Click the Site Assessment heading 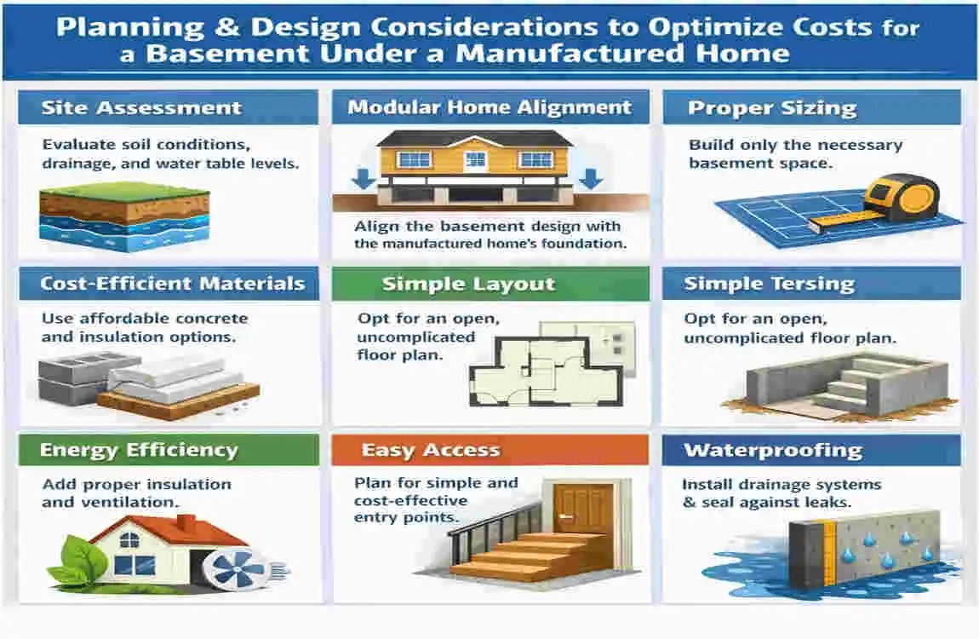click(141, 108)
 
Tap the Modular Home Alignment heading click(489, 107)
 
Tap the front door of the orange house click(475, 160)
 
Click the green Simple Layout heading click(468, 284)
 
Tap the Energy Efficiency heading click(139, 451)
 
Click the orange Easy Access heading click(431, 451)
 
